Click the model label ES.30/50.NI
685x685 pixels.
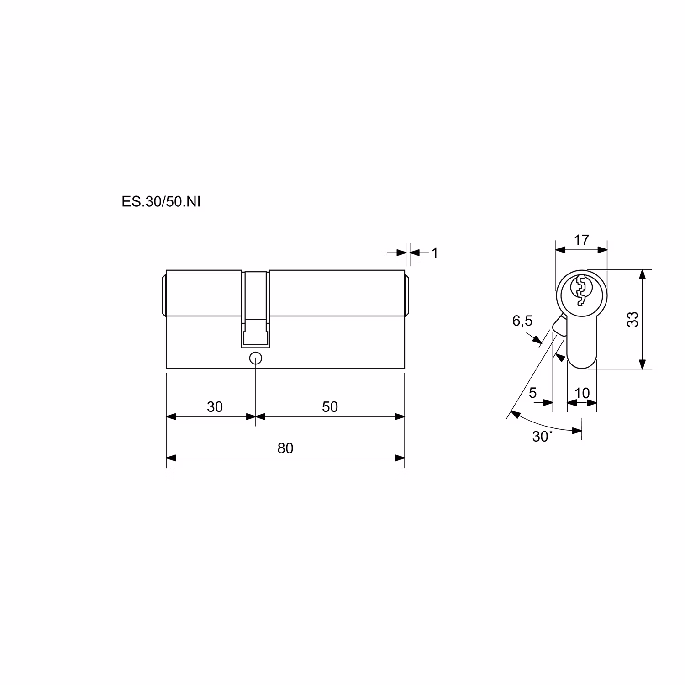(161, 202)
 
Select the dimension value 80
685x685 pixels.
(285, 448)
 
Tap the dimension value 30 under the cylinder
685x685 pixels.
(215, 406)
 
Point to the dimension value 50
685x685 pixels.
(330, 406)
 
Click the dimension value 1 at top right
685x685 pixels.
(435, 253)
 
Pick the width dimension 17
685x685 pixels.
(581, 240)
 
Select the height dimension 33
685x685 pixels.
(632, 319)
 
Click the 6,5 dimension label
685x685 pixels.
(522, 321)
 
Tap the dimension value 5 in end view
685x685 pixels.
(533, 393)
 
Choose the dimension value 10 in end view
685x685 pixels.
(582, 393)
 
